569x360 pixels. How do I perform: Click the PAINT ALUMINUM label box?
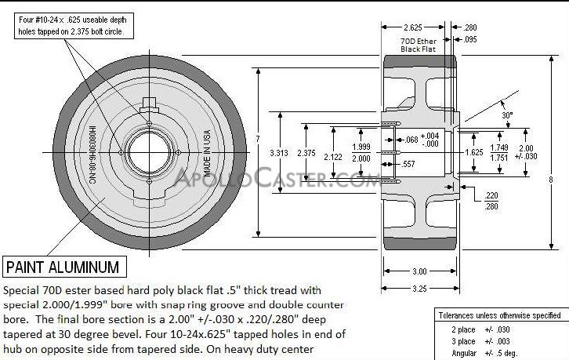point(63,267)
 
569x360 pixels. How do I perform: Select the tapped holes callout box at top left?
point(75,26)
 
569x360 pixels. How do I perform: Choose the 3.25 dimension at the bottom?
point(419,289)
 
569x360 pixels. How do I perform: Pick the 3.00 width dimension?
point(419,271)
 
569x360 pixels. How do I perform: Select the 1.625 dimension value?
point(473,152)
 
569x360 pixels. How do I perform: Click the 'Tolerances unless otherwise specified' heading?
point(498,315)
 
